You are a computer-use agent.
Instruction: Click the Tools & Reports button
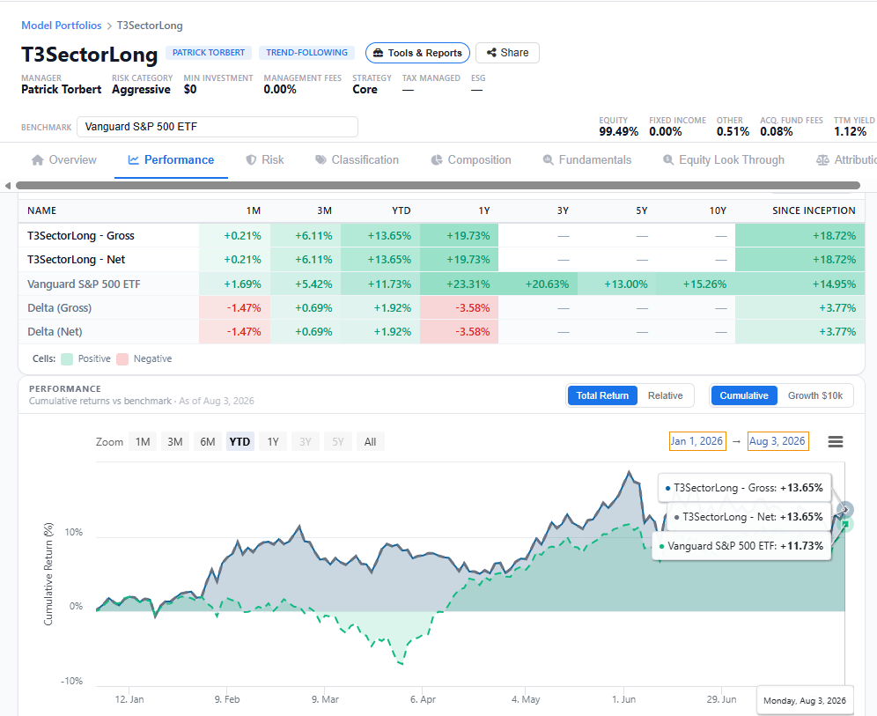(x=417, y=53)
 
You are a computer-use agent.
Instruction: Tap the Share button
(x=507, y=53)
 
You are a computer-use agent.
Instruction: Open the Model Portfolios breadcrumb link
(x=62, y=26)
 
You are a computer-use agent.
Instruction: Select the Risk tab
(x=265, y=160)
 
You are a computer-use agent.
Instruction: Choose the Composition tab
(x=471, y=160)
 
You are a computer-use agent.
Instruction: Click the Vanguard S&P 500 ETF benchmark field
(x=217, y=127)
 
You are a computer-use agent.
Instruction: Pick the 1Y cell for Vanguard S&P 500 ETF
(x=460, y=284)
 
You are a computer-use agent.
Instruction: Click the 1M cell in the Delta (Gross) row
(x=235, y=307)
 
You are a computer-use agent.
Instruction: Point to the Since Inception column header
(x=814, y=210)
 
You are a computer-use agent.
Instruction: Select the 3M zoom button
(x=175, y=442)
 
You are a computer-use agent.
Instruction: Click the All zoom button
(x=371, y=442)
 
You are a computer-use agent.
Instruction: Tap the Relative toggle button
(x=665, y=395)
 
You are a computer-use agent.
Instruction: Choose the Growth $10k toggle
(x=814, y=395)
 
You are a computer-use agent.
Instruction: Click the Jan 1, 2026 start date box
(x=697, y=441)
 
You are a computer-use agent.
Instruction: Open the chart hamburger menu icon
(x=836, y=442)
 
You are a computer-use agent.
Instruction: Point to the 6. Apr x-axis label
(x=423, y=699)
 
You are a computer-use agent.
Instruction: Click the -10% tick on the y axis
(x=71, y=681)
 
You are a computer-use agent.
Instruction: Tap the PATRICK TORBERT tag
(x=209, y=53)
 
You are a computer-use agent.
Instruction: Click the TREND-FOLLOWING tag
(x=306, y=53)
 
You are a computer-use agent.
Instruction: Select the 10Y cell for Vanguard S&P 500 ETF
(x=696, y=284)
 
